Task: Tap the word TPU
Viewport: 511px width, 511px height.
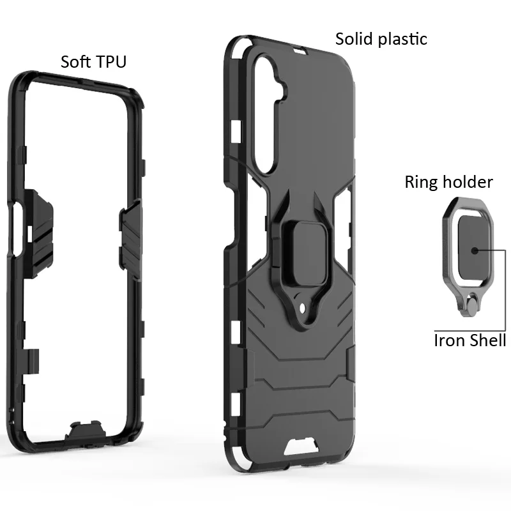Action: click(111, 61)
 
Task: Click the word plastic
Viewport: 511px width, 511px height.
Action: click(402, 40)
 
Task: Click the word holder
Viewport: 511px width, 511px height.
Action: click(467, 182)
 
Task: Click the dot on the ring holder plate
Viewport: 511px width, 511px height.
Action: click(475, 250)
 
